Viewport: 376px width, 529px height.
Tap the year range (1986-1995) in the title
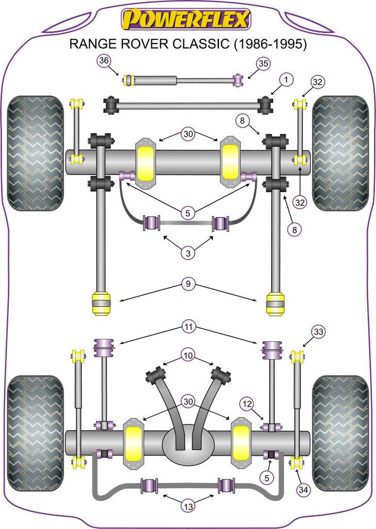click(x=271, y=45)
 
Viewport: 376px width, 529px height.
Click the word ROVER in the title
click(x=139, y=45)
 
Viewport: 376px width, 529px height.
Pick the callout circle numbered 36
click(x=104, y=61)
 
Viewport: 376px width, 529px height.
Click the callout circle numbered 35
click(x=264, y=64)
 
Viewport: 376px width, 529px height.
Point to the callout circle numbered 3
click(x=188, y=253)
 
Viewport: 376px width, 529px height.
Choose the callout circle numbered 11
click(x=188, y=326)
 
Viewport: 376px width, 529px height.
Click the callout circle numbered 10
click(x=188, y=356)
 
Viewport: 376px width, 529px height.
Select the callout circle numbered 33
click(x=319, y=332)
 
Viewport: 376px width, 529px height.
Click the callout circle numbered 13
click(x=188, y=507)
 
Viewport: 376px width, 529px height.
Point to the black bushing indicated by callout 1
click(x=266, y=105)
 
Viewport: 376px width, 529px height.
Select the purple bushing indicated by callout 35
click(x=238, y=81)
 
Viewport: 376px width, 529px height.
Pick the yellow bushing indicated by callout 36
click(x=129, y=81)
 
